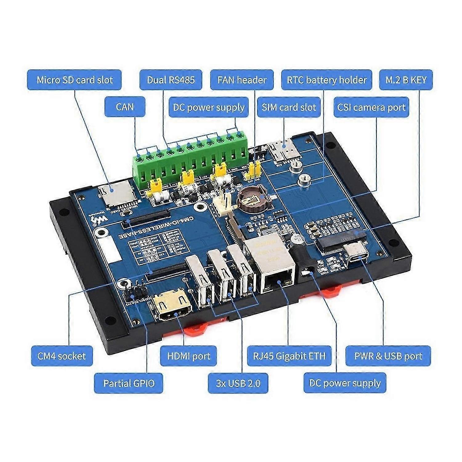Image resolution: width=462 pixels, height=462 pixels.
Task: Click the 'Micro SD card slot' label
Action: click(x=74, y=80)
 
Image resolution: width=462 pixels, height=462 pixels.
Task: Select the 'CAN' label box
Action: click(x=125, y=107)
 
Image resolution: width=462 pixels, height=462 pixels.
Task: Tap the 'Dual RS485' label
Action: click(x=171, y=80)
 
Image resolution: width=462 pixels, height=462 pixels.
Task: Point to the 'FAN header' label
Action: click(x=242, y=80)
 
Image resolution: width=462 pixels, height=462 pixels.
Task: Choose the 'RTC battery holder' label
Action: click(x=326, y=80)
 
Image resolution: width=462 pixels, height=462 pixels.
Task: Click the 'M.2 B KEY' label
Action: click(x=406, y=80)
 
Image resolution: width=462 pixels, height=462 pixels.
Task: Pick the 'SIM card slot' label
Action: click(x=289, y=107)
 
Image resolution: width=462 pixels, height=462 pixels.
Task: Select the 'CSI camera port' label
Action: click(x=371, y=107)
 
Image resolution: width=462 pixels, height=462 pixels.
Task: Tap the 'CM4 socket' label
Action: click(x=62, y=356)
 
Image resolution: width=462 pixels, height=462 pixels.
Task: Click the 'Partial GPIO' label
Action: click(x=129, y=383)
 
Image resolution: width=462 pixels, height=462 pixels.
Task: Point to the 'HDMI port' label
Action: click(x=188, y=356)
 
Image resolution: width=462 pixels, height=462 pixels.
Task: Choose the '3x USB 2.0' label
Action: click(x=238, y=383)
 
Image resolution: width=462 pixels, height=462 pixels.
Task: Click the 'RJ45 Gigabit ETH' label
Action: click(x=289, y=356)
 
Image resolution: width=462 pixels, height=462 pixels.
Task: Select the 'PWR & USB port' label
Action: click(x=388, y=356)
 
